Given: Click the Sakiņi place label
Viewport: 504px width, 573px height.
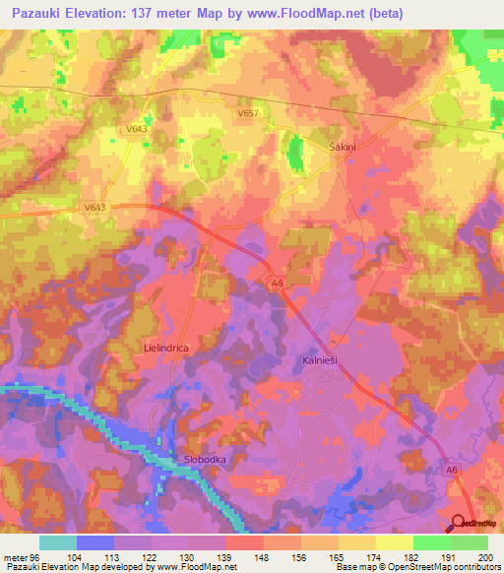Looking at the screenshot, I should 343,144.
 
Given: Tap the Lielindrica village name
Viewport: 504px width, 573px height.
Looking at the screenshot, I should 165,349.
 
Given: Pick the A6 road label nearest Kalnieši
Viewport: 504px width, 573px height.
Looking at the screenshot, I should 278,283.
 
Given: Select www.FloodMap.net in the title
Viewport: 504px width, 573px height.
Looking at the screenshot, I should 314,14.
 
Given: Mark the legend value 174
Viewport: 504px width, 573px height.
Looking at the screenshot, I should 356,557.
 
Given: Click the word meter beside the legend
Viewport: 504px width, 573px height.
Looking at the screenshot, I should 15,557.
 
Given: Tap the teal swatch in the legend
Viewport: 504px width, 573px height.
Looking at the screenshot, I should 58,542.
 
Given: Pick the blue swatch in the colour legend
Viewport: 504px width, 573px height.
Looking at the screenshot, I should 95,542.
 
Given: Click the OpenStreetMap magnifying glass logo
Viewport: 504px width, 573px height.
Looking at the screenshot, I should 460,525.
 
